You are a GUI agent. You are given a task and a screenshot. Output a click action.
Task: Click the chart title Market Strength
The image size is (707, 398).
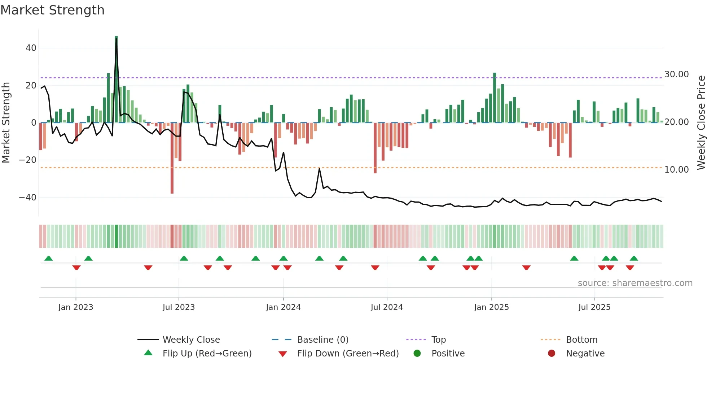(52, 10)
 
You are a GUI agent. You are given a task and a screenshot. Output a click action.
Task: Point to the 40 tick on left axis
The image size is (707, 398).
(31, 48)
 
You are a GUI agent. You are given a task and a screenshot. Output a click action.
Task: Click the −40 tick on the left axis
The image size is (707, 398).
(28, 198)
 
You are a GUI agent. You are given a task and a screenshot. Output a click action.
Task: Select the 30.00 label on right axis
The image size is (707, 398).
(676, 74)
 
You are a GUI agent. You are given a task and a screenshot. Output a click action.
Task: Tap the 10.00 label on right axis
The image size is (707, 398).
(676, 170)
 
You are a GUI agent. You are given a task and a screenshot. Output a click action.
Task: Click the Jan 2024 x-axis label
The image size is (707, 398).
(283, 307)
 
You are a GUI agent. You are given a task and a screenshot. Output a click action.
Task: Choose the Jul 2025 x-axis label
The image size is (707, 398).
(594, 307)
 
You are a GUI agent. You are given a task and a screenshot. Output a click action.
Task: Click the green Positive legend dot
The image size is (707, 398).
(417, 354)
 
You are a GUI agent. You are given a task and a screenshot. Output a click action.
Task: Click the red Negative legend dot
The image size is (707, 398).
(552, 354)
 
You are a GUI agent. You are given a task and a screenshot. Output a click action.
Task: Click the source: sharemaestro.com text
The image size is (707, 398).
(635, 283)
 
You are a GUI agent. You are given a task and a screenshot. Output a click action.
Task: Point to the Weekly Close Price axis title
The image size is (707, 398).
(701, 122)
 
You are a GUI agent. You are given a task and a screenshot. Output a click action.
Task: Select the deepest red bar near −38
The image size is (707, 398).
(172, 159)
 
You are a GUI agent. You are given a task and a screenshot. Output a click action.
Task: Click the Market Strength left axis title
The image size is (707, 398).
(6, 122)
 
